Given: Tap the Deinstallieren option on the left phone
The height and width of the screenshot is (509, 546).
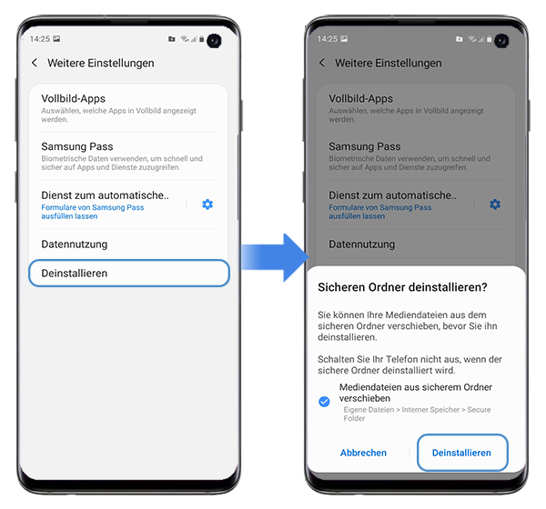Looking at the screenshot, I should [x=127, y=274].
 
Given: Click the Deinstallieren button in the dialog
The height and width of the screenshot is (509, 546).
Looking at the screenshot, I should [x=461, y=453].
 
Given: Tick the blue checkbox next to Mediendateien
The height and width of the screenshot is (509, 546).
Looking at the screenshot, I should [x=325, y=401].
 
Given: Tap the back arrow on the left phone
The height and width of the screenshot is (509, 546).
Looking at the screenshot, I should [x=35, y=64].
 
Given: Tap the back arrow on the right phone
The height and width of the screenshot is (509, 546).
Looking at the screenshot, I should [x=322, y=64].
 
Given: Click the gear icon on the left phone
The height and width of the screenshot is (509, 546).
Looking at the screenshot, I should [x=207, y=205].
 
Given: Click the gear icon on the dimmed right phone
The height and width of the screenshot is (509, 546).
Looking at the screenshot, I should [x=495, y=205].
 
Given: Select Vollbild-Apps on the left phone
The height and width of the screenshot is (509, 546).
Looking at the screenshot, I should [x=74, y=98].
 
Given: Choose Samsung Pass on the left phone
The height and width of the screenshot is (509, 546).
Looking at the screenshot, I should [x=77, y=146].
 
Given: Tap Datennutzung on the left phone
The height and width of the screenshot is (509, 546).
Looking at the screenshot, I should [x=75, y=245].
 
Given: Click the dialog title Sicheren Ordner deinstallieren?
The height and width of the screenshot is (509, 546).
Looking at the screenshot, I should [x=402, y=287].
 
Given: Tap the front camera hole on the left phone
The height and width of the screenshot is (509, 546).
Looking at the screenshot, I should [x=214, y=40].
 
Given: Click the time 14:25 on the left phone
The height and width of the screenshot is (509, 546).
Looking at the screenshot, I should [x=39, y=40].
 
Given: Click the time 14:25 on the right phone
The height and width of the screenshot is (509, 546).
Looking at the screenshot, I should [x=327, y=40].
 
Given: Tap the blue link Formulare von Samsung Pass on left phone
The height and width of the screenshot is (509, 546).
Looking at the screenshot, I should [x=93, y=212].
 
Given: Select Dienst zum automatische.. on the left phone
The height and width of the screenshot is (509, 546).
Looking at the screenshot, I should [x=106, y=195].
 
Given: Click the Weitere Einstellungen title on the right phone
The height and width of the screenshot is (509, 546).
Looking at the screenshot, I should [x=389, y=64].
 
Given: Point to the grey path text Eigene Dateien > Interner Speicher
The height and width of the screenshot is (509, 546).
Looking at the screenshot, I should [x=417, y=414].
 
